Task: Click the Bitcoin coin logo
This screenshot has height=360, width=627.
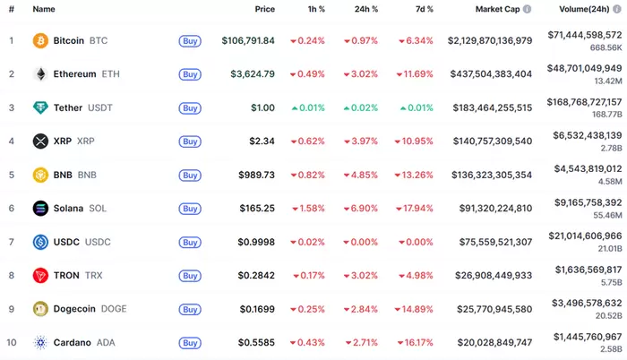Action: (40, 40)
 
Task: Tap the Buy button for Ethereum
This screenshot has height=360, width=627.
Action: (190, 74)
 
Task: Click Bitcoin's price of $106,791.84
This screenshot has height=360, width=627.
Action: (248, 41)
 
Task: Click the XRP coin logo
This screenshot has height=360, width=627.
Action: (40, 141)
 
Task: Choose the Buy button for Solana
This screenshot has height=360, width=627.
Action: (190, 209)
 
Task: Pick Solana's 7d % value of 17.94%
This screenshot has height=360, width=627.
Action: (416, 209)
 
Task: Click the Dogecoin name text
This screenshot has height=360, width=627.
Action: (76, 309)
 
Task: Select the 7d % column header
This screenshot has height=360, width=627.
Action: (425, 9)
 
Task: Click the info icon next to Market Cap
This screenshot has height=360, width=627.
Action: (527, 9)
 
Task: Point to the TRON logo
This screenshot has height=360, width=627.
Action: (40, 275)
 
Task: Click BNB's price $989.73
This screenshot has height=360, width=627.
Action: (257, 175)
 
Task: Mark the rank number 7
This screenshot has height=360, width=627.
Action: (12, 242)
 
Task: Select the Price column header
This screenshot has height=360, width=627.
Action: (264, 9)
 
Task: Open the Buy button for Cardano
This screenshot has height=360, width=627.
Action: (190, 342)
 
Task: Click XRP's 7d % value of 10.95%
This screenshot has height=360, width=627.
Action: (416, 141)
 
